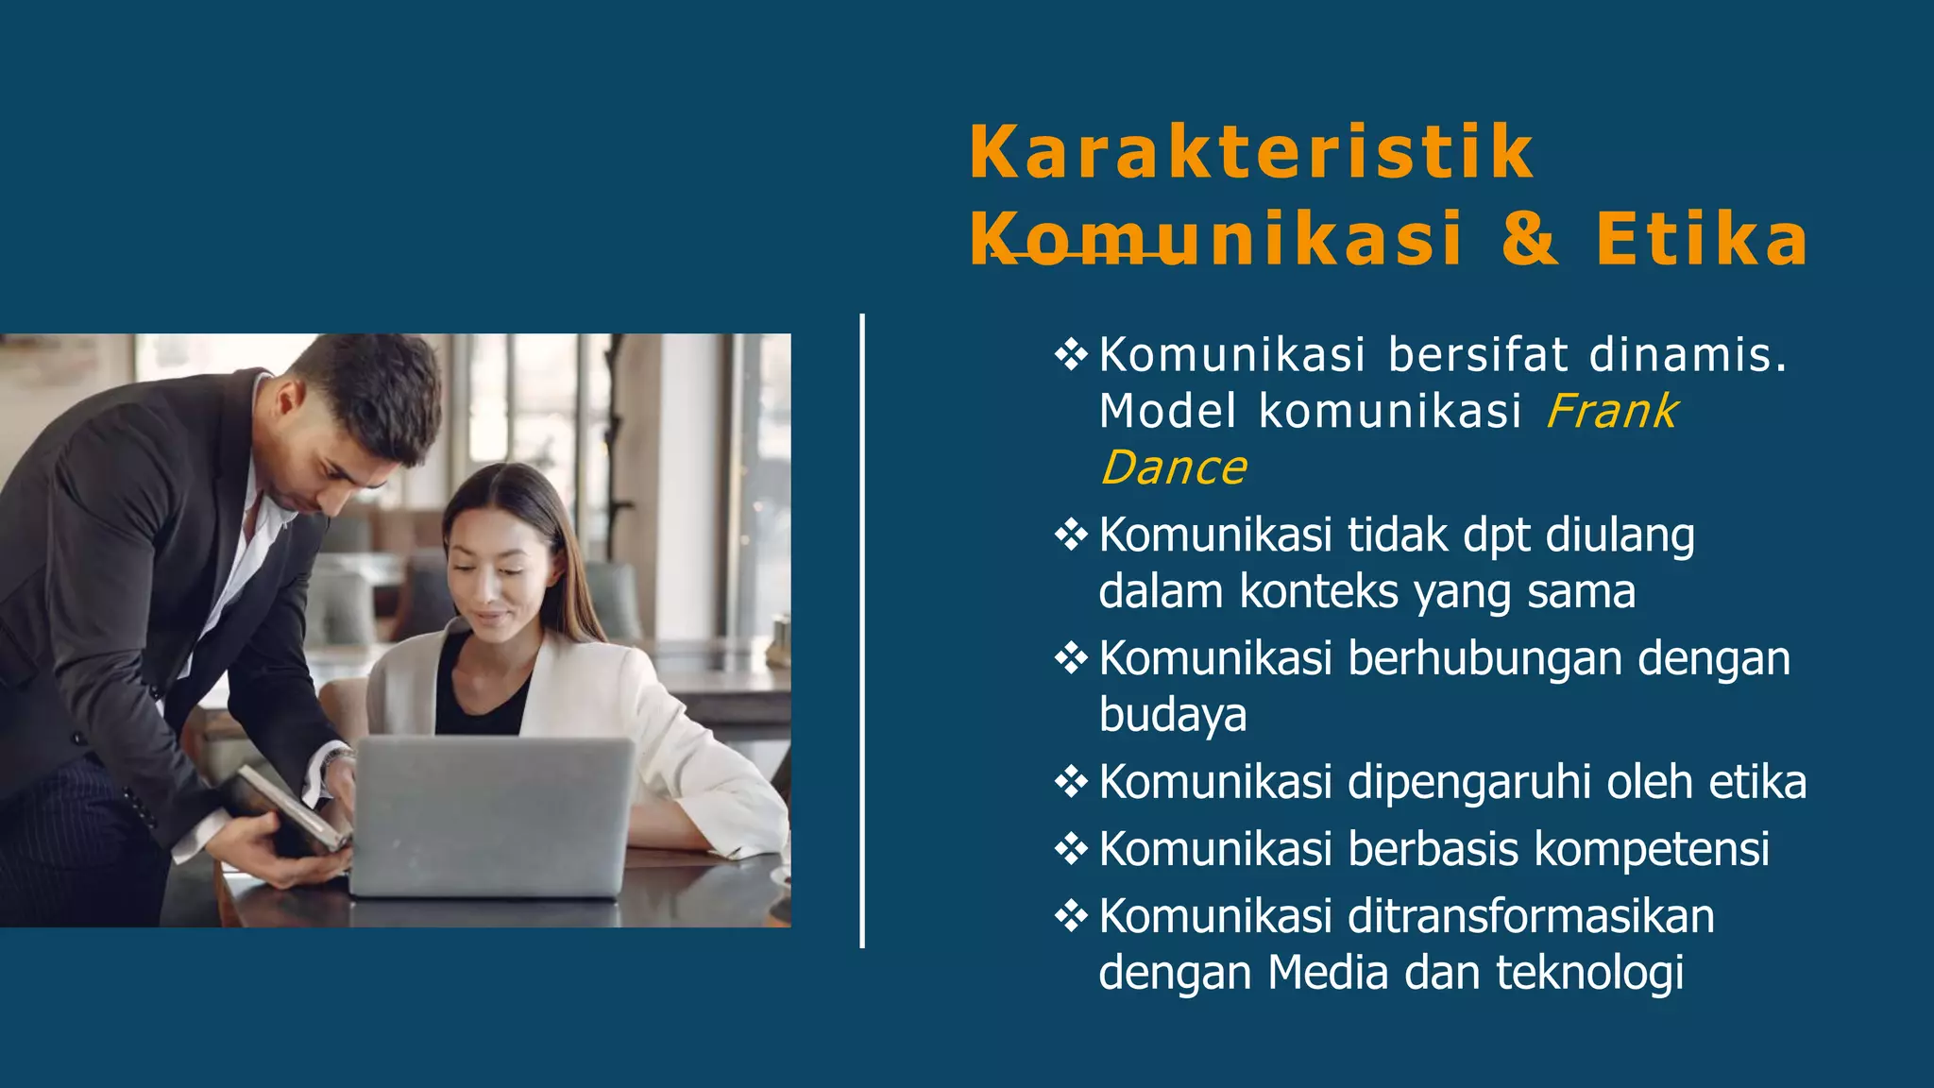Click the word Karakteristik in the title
coord(1251,153)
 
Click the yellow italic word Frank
coord(1611,412)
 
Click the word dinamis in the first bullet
coord(1688,355)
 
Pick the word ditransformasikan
coord(1531,916)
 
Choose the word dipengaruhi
coord(1469,783)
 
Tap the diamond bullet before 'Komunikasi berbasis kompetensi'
coord(1071,848)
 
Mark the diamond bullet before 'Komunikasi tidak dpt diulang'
coord(1071,535)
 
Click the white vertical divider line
coord(862,631)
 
